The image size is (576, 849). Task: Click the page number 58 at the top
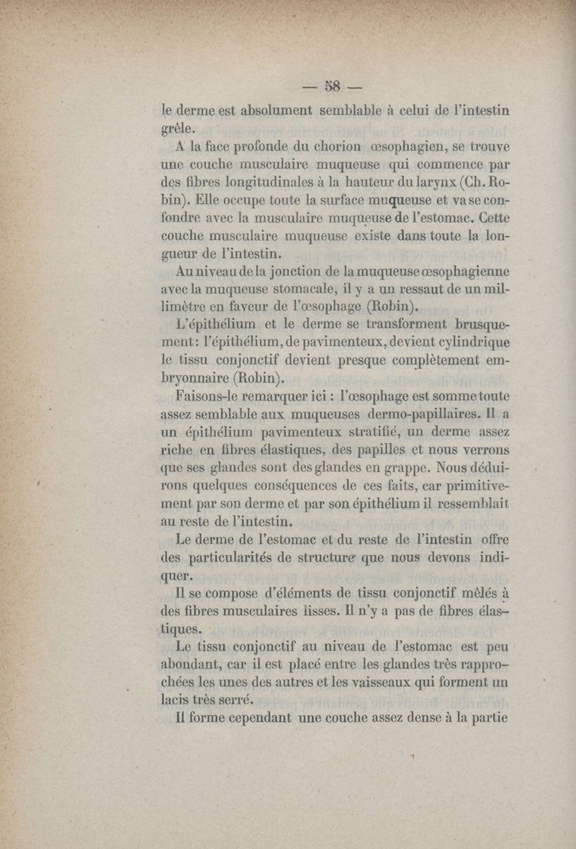coord(332,89)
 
